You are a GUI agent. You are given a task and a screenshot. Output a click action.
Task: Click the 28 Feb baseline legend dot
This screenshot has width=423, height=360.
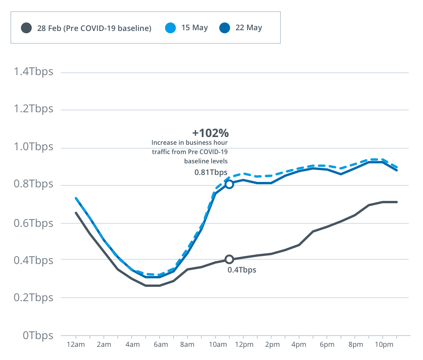coord(26,28)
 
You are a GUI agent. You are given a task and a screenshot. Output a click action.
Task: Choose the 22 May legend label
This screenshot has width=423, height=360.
coord(249,28)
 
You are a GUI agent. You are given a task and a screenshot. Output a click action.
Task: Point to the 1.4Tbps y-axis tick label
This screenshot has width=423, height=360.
coord(33,72)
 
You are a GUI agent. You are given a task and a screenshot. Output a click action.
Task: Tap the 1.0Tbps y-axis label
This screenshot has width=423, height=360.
coord(33,147)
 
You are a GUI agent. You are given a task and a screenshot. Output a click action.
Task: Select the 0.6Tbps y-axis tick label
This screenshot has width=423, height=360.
coord(33,223)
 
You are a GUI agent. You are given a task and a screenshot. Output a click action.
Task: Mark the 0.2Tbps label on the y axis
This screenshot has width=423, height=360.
coord(33,298)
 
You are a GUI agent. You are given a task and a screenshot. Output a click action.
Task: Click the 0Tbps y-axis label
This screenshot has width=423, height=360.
coord(38,335)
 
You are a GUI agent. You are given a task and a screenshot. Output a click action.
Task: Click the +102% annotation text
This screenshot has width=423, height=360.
coord(210,133)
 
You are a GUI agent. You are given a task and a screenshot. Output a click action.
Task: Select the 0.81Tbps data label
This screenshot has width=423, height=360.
coord(211,172)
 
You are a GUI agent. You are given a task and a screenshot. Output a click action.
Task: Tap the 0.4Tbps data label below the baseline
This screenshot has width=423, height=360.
coord(242,270)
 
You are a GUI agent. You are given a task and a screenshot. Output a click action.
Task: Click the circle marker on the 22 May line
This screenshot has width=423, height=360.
coord(229,184)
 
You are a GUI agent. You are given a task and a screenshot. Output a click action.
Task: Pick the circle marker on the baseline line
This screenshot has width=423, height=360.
coord(229,259)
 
